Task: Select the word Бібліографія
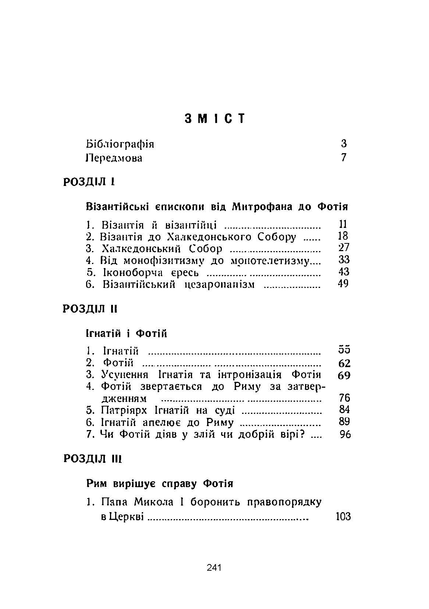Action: (x=120, y=144)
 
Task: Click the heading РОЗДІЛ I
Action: (x=89, y=182)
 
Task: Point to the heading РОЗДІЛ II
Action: (x=91, y=309)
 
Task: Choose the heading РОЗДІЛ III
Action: (x=93, y=459)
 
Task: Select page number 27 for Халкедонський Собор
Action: (x=344, y=248)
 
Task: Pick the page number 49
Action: (x=343, y=284)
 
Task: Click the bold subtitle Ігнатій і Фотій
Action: (x=127, y=334)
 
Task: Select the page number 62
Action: (x=344, y=364)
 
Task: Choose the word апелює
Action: (x=159, y=422)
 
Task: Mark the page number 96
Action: (x=345, y=434)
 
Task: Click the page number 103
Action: (x=343, y=517)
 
